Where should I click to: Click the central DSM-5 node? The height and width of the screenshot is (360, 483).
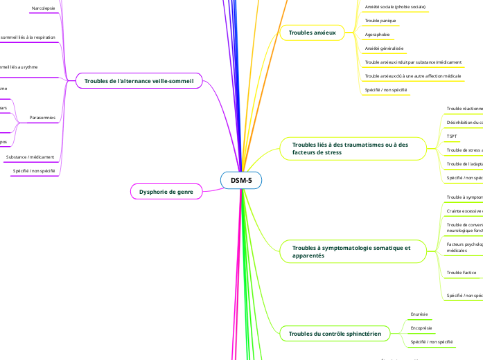[241, 181]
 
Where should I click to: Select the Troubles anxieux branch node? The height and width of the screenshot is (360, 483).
[312, 33]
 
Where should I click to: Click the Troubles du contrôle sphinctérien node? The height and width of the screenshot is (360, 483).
[335, 334]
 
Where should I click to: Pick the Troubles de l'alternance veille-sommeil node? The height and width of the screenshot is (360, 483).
[139, 81]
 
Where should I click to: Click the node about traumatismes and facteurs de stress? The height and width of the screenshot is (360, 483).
[350, 148]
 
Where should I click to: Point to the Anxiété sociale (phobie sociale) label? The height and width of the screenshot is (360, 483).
[395, 7]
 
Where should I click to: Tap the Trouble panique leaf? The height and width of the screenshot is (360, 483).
[380, 21]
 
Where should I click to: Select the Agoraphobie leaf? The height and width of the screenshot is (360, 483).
[377, 35]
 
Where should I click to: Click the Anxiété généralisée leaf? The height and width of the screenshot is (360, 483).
[384, 48]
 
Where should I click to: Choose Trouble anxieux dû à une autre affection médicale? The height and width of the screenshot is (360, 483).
[412, 75]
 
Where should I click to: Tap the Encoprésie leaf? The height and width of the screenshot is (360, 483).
[421, 327]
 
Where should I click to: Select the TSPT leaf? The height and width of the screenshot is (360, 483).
[452, 136]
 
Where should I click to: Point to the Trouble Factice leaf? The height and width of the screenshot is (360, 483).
[461, 273]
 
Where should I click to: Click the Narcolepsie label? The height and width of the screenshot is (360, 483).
[44, 8]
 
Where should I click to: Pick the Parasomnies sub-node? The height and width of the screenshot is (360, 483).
[42, 118]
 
